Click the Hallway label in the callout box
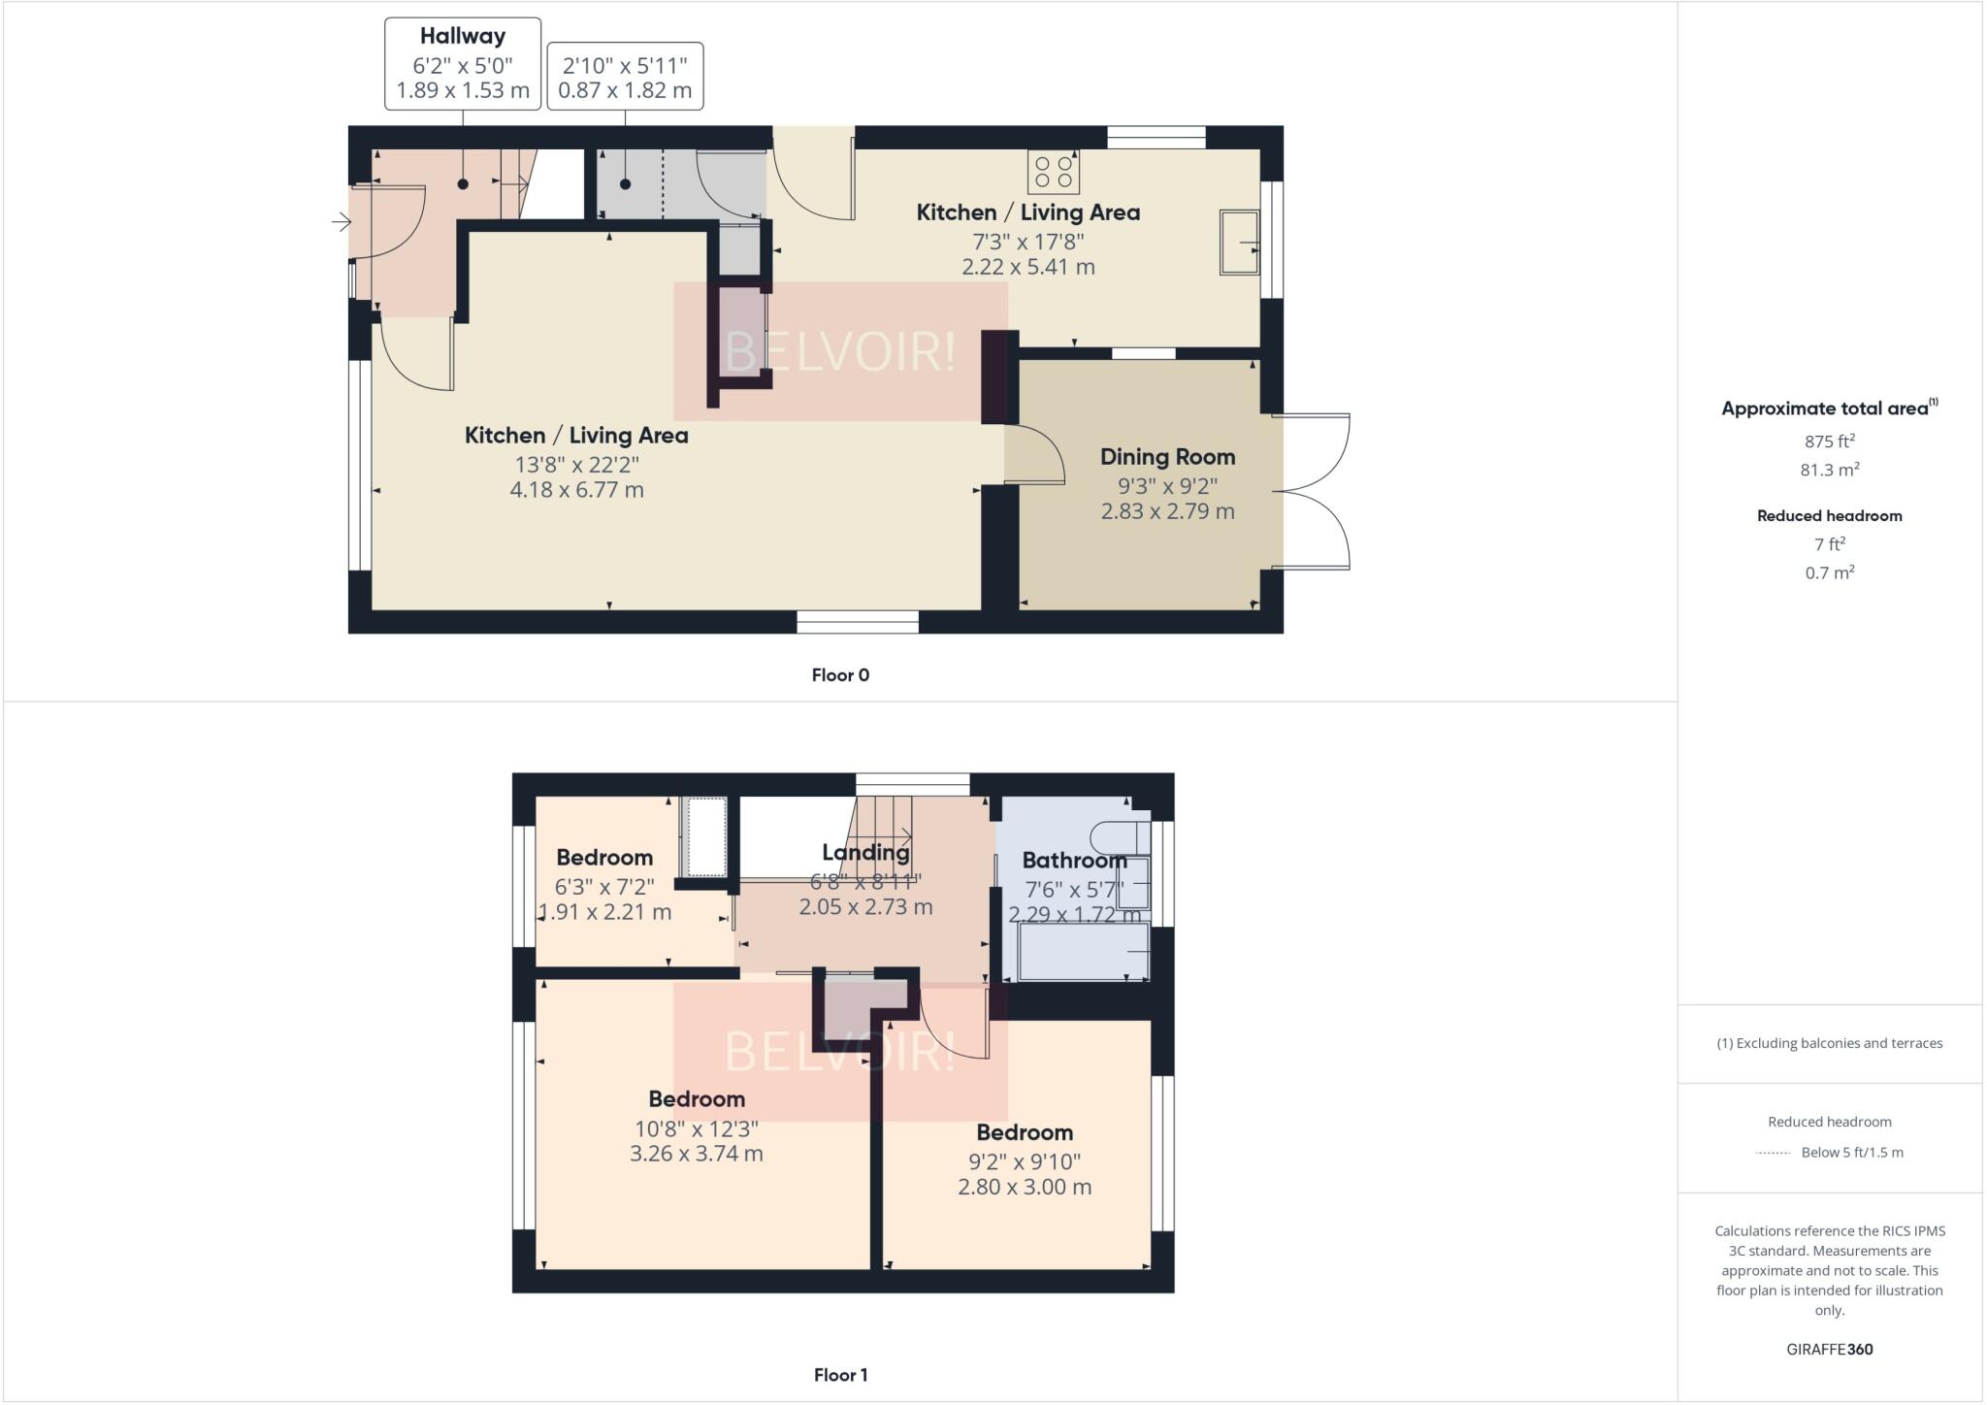tap(462, 37)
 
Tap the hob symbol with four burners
tap(1053, 172)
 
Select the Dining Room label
tap(1167, 457)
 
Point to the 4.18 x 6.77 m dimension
tap(576, 490)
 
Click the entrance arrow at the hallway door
tap(341, 222)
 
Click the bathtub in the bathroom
tap(1082, 952)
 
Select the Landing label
tap(865, 853)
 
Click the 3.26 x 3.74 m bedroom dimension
tap(696, 1154)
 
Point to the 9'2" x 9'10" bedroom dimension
tap(1024, 1161)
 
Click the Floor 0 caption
tap(840, 675)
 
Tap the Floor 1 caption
tap(840, 1375)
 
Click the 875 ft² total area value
tap(1829, 441)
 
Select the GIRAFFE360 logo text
tap(1829, 1349)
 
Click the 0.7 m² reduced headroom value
tap(1829, 572)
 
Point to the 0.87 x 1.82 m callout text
tap(625, 90)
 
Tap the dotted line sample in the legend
tap(1772, 1153)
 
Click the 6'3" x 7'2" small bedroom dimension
tap(603, 887)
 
